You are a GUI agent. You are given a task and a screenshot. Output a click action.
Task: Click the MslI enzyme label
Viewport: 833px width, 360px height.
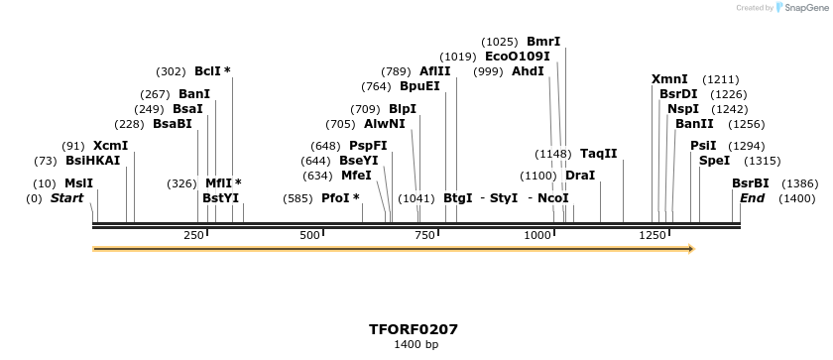pyautogui.click(x=78, y=183)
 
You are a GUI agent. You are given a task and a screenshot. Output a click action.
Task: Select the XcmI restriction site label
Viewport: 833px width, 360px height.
pyautogui.click(x=110, y=146)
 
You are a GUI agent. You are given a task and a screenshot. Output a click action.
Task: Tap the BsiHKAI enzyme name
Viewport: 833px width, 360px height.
pyautogui.click(x=92, y=161)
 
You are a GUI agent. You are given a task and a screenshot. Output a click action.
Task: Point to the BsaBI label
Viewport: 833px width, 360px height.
pyautogui.click(x=172, y=124)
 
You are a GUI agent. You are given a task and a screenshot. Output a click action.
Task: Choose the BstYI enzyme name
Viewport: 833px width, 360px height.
pyautogui.click(x=220, y=198)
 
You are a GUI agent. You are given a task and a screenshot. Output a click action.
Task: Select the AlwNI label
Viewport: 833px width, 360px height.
pyautogui.click(x=384, y=124)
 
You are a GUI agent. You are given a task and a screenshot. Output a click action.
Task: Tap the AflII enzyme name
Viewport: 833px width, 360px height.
pyautogui.click(x=434, y=71)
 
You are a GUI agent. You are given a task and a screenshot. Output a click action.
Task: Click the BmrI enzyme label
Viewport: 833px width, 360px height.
pyautogui.click(x=543, y=42)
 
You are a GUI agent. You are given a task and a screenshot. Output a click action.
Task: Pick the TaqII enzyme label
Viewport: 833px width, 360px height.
pyautogui.click(x=598, y=154)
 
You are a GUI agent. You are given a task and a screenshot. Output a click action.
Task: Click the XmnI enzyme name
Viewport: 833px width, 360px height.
pyautogui.click(x=669, y=79)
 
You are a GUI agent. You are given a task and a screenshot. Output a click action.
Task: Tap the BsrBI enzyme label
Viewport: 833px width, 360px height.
pyautogui.click(x=751, y=183)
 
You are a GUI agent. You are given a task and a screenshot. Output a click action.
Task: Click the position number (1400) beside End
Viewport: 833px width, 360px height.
pyautogui.click(x=796, y=198)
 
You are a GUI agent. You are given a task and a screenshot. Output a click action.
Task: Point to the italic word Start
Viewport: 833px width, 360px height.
pyautogui.click(x=66, y=198)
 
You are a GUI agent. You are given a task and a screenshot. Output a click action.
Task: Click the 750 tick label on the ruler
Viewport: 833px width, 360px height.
pyautogui.click(x=427, y=235)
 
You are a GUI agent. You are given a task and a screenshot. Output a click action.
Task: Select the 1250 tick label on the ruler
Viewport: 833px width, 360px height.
pyautogui.click(x=653, y=235)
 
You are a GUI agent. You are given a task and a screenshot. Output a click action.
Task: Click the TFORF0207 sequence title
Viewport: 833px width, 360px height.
pyautogui.click(x=414, y=329)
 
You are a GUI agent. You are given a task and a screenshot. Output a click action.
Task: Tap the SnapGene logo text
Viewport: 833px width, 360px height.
pyautogui.click(x=804, y=8)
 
